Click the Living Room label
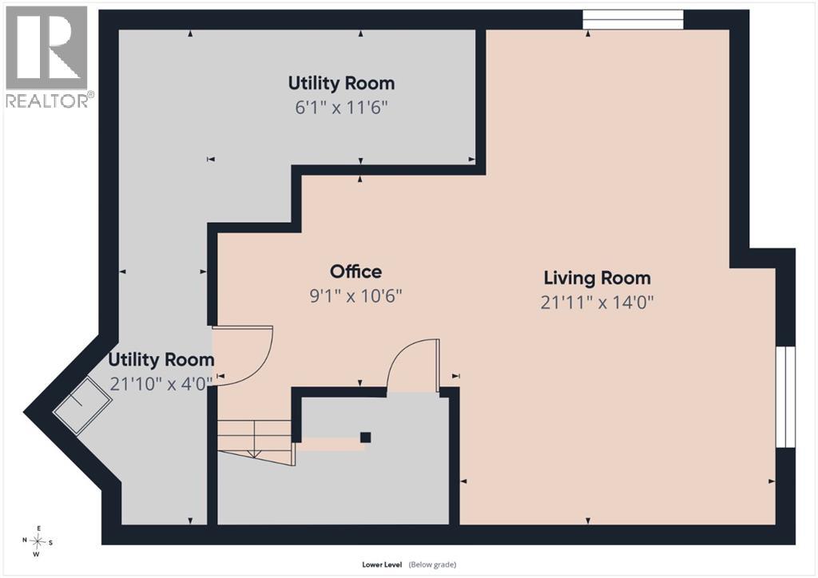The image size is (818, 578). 598,278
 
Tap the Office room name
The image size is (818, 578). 355,271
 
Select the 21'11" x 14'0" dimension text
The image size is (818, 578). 597,303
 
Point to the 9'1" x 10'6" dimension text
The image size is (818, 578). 355,296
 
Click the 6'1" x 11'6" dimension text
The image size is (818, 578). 341,108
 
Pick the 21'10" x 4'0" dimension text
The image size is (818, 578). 161,383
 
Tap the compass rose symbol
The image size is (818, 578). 38,541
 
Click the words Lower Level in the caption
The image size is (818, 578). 382,564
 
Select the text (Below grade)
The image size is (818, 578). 432,564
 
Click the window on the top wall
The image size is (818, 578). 633,19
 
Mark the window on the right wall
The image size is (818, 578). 786,397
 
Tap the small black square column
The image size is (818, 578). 366,437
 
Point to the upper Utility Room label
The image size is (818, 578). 341,83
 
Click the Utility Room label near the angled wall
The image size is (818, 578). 161,359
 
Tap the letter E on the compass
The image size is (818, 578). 38,528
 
